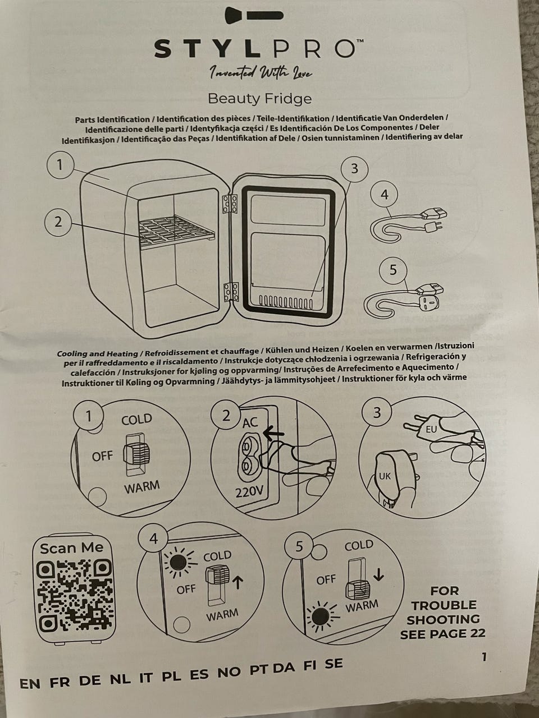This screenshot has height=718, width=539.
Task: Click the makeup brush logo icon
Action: point(254,15)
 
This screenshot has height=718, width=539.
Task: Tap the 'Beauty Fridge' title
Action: point(260,99)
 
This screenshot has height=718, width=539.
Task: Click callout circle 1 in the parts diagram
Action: point(60,165)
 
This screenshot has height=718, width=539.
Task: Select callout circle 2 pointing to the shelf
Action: point(58,222)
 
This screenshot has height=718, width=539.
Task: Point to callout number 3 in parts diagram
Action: point(354,169)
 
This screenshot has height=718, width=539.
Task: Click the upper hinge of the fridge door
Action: point(230,205)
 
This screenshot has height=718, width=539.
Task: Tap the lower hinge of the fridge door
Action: point(231,292)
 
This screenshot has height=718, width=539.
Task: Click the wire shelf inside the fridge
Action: point(177,231)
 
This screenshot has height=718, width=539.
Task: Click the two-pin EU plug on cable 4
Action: point(433,225)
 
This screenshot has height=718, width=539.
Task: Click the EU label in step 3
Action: point(431,429)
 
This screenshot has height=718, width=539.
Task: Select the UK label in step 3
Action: point(385,476)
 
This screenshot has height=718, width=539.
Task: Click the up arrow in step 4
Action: point(239,583)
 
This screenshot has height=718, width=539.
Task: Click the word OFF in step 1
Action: point(102,456)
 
